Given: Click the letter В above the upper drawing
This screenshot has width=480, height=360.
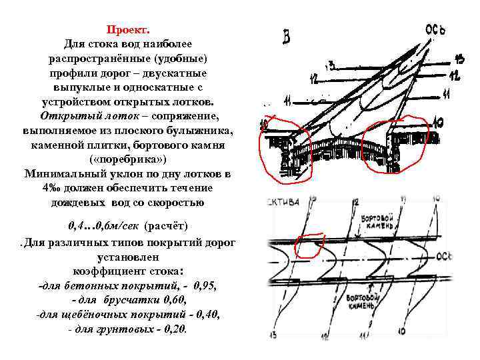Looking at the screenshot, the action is point(286,37).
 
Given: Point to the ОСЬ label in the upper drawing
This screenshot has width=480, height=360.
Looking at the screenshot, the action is point(435,30).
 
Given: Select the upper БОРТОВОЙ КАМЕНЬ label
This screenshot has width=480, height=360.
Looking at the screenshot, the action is point(379,223).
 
